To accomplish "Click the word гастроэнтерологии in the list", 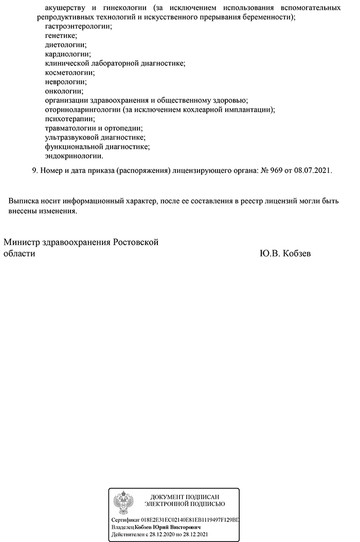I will (79, 26).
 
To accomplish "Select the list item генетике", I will (61, 35).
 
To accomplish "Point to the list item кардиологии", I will (67, 54).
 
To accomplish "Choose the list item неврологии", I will (65, 81).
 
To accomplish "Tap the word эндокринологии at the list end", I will (74, 155).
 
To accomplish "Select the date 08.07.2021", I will (313, 170).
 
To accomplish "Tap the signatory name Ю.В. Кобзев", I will (285, 254).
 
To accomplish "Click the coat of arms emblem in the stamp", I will (123, 501).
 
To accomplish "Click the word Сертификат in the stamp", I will (125, 520).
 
